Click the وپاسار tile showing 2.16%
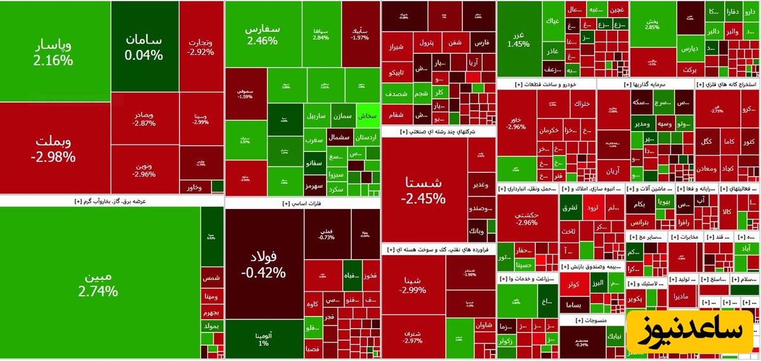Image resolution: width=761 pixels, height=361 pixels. (x=55, y=52)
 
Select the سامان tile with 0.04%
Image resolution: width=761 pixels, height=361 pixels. (x=144, y=47)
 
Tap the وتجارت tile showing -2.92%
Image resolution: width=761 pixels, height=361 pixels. (x=200, y=47)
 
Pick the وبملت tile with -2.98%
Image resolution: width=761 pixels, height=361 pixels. (x=55, y=148)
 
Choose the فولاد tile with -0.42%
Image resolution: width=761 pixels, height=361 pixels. (x=263, y=265)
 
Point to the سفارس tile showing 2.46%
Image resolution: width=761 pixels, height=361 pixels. (x=263, y=34)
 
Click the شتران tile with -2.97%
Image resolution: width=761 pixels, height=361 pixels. (x=413, y=336)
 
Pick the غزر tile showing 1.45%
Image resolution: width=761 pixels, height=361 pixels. (x=518, y=39)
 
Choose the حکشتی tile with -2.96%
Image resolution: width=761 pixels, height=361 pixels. (x=527, y=218)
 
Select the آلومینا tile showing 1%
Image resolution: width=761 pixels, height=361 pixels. (x=263, y=339)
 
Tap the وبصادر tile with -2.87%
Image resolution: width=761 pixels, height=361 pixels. (x=144, y=119)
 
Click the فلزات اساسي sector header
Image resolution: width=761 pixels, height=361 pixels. (x=302, y=203)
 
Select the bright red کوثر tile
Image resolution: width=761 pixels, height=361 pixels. (x=574, y=285)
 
